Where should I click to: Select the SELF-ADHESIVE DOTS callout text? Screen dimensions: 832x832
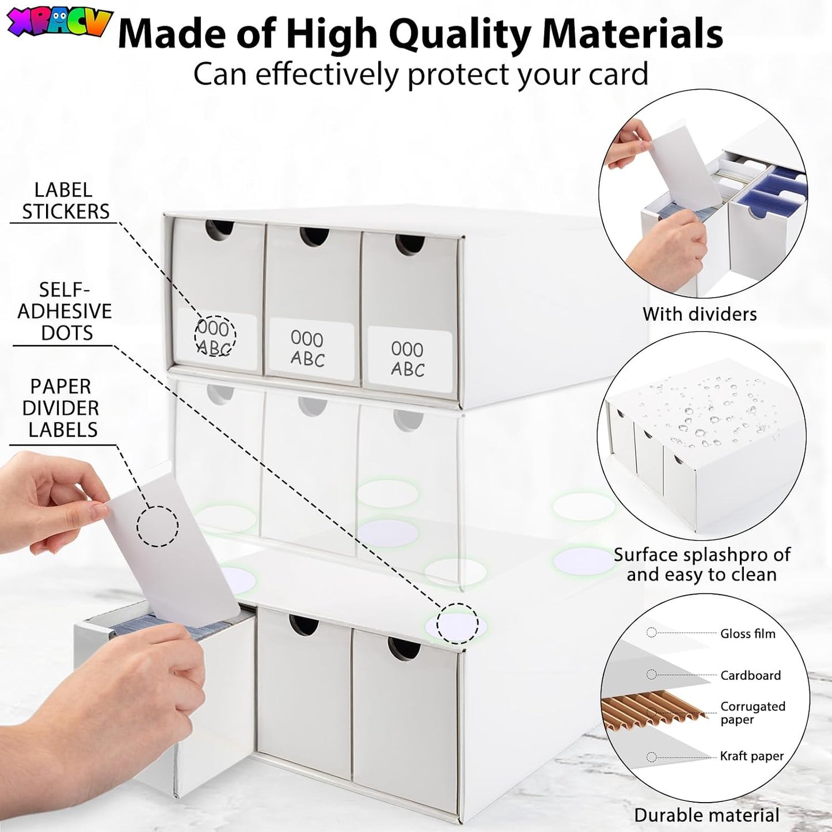click(64, 311)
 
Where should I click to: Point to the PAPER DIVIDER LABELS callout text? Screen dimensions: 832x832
click(63, 408)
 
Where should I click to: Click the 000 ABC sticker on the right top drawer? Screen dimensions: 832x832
click(409, 359)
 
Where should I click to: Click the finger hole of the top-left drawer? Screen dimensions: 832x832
click(220, 230)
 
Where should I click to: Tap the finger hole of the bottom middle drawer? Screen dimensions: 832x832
click(305, 626)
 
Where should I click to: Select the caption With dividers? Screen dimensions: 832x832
click(700, 314)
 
